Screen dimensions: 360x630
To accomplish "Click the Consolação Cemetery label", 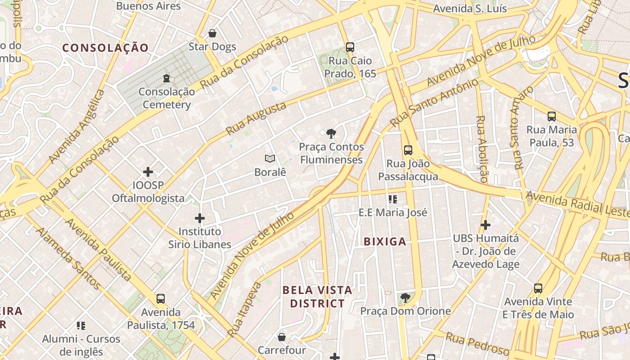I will (x=166, y=98).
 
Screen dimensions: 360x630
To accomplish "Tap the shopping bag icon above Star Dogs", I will (x=212, y=33).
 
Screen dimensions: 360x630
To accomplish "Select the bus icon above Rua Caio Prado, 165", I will (x=350, y=47).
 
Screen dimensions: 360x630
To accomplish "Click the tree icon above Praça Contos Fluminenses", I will (x=331, y=133).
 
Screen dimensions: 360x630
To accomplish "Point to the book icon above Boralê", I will (x=270, y=158).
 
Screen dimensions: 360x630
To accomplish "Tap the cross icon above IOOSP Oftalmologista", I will (x=148, y=172).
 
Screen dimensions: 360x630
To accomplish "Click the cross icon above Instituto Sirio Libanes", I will (x=200, y=218).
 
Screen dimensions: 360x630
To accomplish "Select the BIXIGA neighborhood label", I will (x=385, y=242).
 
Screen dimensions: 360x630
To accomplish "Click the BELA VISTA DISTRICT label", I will (x=317, y=297).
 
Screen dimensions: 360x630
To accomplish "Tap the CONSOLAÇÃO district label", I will (x=105, y=48).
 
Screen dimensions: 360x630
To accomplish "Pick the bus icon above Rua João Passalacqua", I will (x=408, y=150).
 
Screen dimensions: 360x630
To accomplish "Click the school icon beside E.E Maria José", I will (x=393, y=199).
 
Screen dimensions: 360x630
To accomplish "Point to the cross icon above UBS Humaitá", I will (x=485, y=225).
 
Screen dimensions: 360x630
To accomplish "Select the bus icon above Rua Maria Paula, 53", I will (x=552, y=117).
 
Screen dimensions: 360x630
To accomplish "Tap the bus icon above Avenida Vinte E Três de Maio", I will (x=538, y=288).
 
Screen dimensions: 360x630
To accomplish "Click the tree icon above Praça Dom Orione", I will (x=405, y=297).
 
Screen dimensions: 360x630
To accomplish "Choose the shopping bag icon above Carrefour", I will (x=282, y=337).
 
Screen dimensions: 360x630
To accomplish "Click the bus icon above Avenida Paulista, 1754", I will (x=161, y=298).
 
